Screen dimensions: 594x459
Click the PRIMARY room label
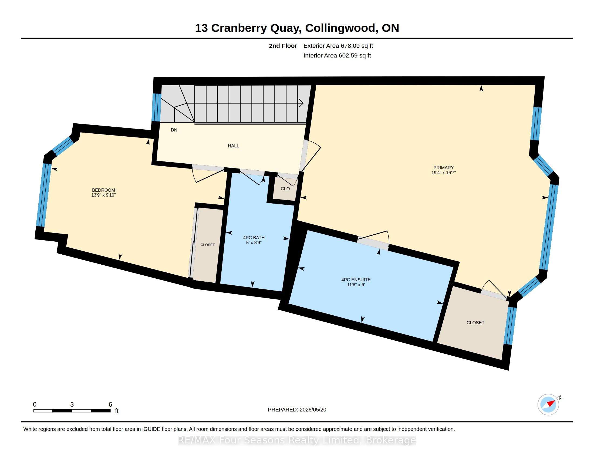[444, 167]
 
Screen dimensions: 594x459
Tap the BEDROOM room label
[103, 190]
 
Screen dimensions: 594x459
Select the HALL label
[233, 146]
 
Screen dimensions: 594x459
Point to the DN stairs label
[174, 130]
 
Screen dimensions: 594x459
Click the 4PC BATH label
[254, 238]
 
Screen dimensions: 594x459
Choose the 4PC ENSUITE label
[356, 280]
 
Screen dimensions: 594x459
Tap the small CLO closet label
[285, 189]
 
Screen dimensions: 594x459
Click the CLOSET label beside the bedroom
[208, 245]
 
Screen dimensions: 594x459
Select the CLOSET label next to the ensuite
[475, 323]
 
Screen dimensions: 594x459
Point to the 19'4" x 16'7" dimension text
[444, 173]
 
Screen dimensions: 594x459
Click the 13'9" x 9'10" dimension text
[103, 195]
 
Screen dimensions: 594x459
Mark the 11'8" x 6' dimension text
[356, 285]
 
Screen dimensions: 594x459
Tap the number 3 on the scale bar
[72, 404]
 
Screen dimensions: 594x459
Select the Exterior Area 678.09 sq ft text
[338, 46]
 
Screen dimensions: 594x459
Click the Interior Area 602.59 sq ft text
[337, 55]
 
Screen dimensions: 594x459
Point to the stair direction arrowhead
[301, 103]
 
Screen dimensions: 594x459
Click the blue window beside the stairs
[156, 107]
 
